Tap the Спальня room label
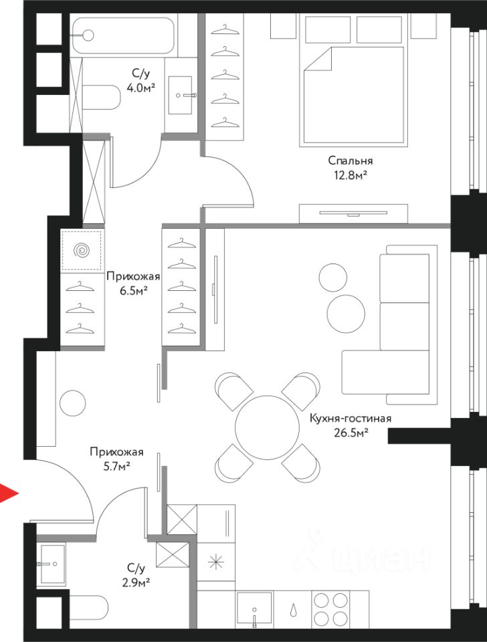click(x=350, y=160)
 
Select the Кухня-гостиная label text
click(x=350, y=419)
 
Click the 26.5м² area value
click(x=350, y=433)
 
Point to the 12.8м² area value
click(x=350, y=175)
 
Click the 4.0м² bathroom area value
click(x=141, y=88)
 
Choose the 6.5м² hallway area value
click(x=133, y=291)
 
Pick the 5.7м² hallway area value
click(x=116, y=466)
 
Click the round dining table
click(x=268, y=427)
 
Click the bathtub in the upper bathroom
click(x=123, y=35)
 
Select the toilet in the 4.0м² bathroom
click(x=102, y=97)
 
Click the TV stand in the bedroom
click(x=353, y=214)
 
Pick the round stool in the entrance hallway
click(x=72, y=403)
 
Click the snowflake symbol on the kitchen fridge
click(x=215, y=562)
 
